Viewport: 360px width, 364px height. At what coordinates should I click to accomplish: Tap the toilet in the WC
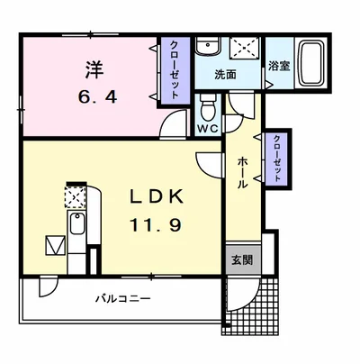coord(209,107)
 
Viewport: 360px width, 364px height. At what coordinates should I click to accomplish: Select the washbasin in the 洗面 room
coord(208,46)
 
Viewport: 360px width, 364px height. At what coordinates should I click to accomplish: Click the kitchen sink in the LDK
coord(77,223)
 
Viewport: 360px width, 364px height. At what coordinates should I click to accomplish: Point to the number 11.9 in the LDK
coord(156,225)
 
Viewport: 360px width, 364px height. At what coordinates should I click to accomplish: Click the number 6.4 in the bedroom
coord(97,97)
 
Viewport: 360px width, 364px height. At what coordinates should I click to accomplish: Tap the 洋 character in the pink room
coord(94,69)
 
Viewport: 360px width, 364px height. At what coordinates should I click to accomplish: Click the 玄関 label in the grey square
coord(241,260)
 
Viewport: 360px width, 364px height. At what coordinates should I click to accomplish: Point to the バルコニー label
coord(123,299)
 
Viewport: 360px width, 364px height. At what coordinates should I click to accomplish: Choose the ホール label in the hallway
coord(242,173)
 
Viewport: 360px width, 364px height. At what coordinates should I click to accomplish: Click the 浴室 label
coord(279,66)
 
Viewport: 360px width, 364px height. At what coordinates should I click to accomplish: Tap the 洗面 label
coord(225,75)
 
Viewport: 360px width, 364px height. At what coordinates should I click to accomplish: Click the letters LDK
coord(157,197)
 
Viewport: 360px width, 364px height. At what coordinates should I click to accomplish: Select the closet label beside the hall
coord(276,159)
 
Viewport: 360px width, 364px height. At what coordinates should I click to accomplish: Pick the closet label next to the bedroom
coord(175,70)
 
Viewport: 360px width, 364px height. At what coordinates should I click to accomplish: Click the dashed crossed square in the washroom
coord(245,48)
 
